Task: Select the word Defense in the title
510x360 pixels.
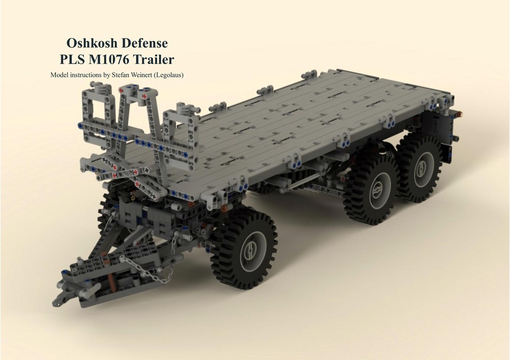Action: click(146, 43)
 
